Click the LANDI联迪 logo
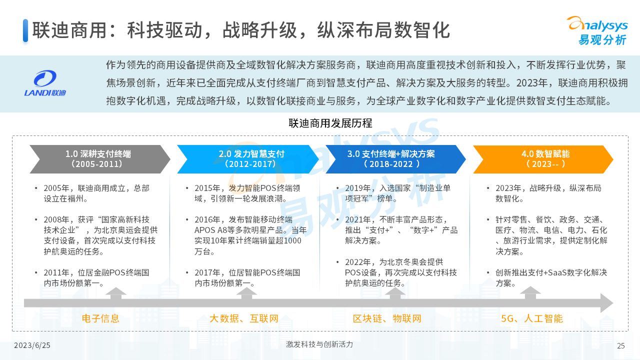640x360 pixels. coord(45,83)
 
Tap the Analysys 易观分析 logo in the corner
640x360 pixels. coord(598,31)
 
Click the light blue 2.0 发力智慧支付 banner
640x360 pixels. coord(247,159)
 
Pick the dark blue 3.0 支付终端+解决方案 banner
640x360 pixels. coord(395,159)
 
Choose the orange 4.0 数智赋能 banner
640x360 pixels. coord(543,159)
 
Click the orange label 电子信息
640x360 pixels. coord(100,318)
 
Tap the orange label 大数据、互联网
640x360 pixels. coord(243,318)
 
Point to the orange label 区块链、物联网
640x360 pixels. coord(387,318)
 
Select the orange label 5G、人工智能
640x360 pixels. coord(531,318)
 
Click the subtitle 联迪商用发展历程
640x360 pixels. coord(330,123)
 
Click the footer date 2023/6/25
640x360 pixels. coord(32,345)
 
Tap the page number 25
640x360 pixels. coord(621,345)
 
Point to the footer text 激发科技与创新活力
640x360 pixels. coord(319,344)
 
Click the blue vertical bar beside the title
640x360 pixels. coord(25,30)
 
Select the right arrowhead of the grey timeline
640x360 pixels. coord(606,303)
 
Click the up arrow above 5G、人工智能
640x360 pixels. coord(530,293)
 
